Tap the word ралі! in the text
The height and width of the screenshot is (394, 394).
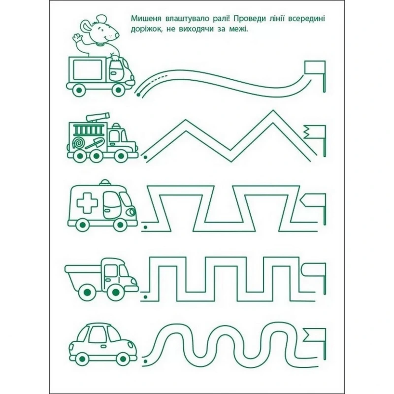[x=219, y=18]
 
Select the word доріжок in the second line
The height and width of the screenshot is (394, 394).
[x=145, y=29]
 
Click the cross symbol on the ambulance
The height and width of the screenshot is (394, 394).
[x=87, y=203]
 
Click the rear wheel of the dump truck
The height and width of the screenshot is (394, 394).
[x=87, y=292]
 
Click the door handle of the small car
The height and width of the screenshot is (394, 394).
[x=103, y=346]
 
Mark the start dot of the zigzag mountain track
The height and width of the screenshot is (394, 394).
[x=145, y=158]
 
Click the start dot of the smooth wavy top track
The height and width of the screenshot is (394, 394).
[x=138, y=95]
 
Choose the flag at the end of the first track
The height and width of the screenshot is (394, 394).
[x=316, y=76]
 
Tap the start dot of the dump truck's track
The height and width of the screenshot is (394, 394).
[x=145, y=297]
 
